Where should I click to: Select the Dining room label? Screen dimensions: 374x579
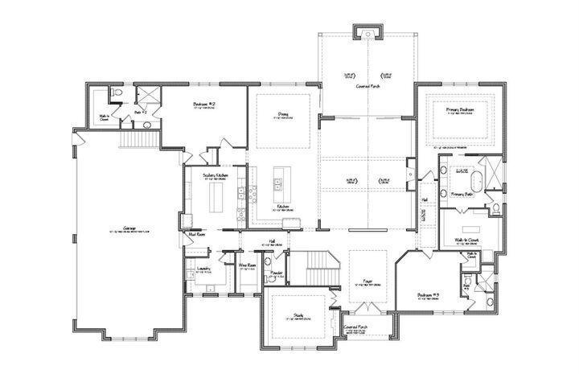click(x=283, y=115)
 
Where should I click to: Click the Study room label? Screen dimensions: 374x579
click(x=298, y=317)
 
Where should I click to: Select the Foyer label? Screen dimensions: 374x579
click(x=367, y=282)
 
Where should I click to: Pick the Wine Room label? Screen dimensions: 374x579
click(x=247, y=265)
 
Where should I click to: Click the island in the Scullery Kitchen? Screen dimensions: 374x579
click(x=215, y=195)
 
